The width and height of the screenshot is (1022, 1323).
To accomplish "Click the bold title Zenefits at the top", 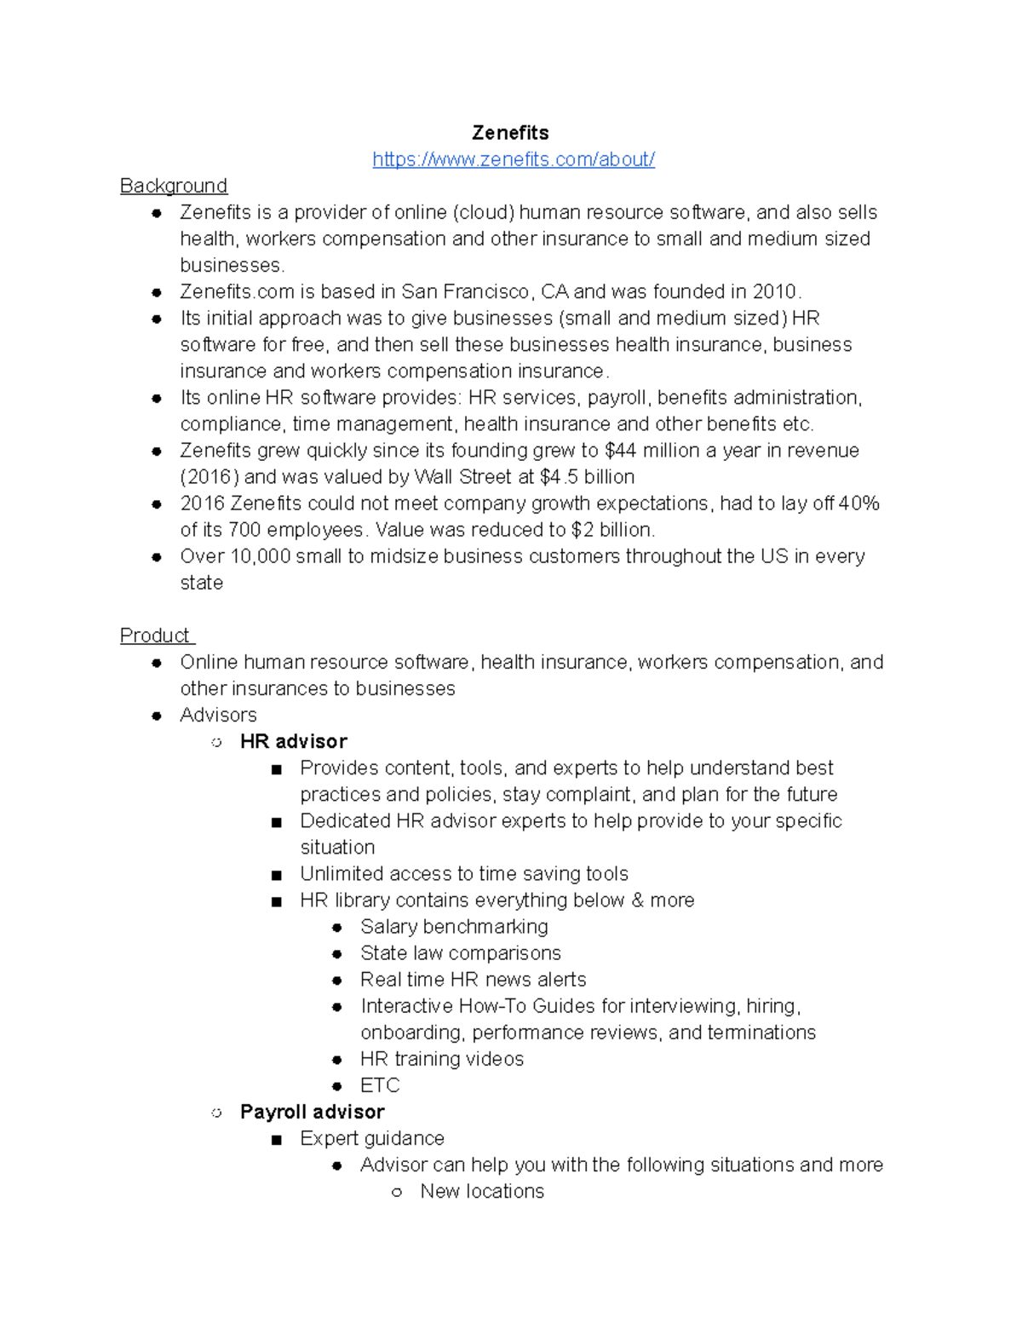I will point(510,133).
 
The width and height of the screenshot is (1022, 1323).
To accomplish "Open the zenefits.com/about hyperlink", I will point(514,159).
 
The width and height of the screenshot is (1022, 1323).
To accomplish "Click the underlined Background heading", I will point(174,186).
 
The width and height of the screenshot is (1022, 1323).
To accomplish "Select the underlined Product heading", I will point(155,636).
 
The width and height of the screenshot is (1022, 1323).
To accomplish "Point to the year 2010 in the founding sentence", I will point(774,291).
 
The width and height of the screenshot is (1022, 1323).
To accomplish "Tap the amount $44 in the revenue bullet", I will point(620,450).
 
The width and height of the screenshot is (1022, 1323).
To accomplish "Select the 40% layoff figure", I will point(858,503).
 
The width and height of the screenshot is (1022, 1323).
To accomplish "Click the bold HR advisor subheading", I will point(294,741).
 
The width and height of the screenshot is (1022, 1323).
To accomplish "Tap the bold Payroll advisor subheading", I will point(312,1112).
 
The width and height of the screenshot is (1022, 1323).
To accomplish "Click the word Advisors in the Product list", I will point(218,715).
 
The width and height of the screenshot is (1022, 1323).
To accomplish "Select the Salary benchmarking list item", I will point(454,926).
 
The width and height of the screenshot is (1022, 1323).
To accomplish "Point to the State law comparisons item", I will point(461,952).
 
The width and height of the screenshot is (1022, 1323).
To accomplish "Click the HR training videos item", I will point(442,1059).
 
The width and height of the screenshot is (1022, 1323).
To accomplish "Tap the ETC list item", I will point(380,1085).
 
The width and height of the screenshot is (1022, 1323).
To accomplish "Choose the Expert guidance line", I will point(372,1138).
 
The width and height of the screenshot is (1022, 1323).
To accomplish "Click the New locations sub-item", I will point(482,1191).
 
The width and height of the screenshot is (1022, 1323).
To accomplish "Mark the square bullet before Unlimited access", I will point(276,875).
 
